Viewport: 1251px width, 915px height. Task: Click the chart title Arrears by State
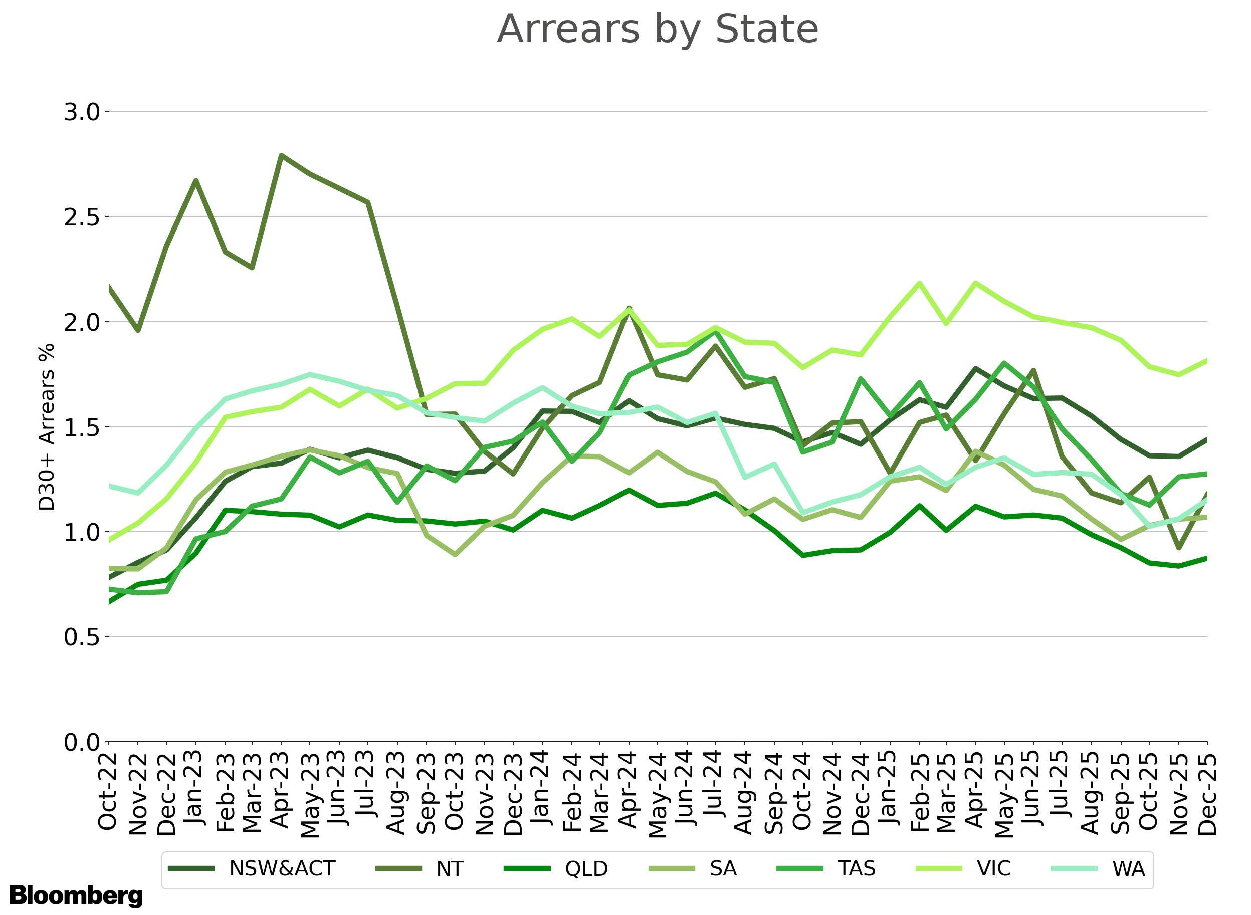click(x=657, y=30)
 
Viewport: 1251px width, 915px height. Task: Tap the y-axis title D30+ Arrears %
click(x=47, y=426)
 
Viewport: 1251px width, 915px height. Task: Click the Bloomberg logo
click(x=76, y=895)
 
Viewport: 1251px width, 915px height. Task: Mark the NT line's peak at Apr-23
click(x=282, y=156)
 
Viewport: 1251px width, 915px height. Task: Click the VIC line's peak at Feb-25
click(x=920, y=283)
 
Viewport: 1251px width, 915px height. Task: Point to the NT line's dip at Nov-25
click(x=1178, y=548)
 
